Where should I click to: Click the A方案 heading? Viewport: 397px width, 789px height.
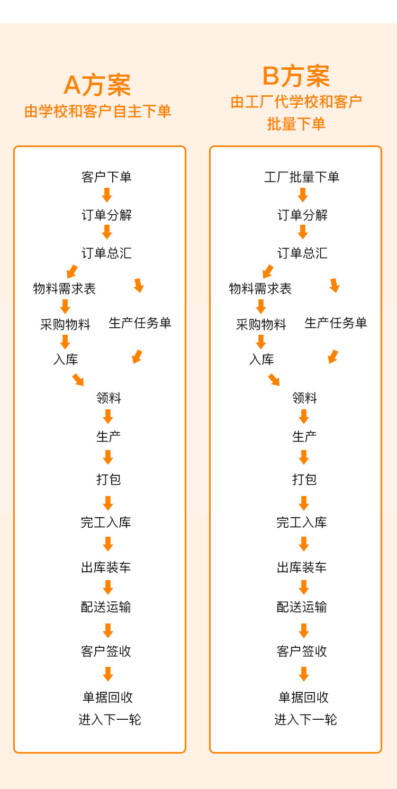pyautogui.click(x=97, y=85)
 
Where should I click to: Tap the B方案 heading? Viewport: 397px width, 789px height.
pyautogui.click(x=296, y=76)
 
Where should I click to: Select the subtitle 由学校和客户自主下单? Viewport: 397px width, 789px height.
pyautogui.click(x=98, y=112)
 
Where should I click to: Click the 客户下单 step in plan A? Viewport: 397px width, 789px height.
pyautogui.click(x=106, y=177)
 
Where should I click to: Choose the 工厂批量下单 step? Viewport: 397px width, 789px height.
pyautogui.click(x=302, y=177)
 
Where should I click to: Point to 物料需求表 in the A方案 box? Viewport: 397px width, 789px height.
pyautogui.click(x=65, y=289)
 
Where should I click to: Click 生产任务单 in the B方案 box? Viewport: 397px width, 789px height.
pyautogui.click(x=336, y=323)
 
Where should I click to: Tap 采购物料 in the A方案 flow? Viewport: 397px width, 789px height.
pyautogui.click(x=65, y=324)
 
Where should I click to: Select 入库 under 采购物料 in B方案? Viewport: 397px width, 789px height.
pyautogui.click(x=261, y=360)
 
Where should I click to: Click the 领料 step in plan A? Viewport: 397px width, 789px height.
pyautogui.click(x=109, y=398)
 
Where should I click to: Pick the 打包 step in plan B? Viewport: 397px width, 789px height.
pyautogui.click(x=304, y=479)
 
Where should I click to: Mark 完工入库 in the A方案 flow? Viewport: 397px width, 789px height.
pyautogui.click(x=106, y=522)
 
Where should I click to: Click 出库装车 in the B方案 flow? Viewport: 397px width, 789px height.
pyautogui.click(x=302, y=567)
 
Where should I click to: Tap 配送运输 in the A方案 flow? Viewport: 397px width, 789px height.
pyautogui.click(x=106, y=607)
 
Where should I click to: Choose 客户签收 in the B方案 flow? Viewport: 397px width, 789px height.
pyautogui.click(x=302, y=651)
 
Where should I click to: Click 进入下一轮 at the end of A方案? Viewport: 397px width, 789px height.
pyautogui.click(x=110, y=719)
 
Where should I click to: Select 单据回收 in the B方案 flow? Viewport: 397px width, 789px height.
pyautogui.click(x=304, y=697)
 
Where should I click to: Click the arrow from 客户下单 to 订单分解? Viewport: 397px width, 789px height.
pyautogui.click(x=107, y=195)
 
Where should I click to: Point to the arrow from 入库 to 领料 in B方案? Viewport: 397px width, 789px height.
pyautogui.click(x=274, y=380)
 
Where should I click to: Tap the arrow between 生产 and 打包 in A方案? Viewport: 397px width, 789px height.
pyautogui.click(x=108, y=457)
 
